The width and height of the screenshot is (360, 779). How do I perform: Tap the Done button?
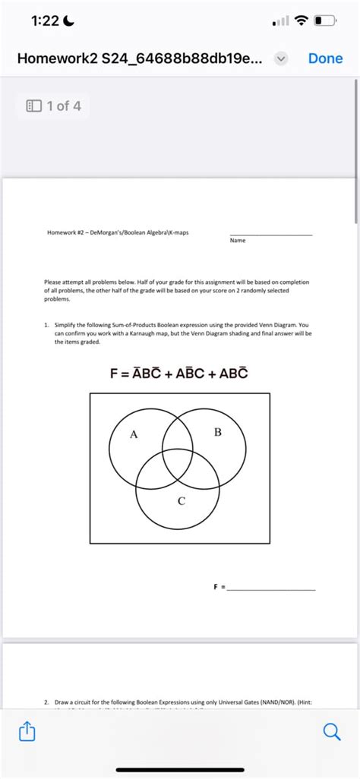[x=325, y=58]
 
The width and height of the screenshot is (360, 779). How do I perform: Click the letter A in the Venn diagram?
[x=134, y=435]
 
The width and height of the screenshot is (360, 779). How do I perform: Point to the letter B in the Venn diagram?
[x=218, y=433]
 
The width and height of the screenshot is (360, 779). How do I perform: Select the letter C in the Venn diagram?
[x=181, y=501]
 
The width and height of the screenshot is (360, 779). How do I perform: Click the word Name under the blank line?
[x=237, y=240]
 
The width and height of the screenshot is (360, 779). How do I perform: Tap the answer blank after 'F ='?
[x=272, y=588]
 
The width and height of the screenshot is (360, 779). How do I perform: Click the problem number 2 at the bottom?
[x=46, y=704]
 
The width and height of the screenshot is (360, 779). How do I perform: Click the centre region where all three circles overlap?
[x=178, y=467]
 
